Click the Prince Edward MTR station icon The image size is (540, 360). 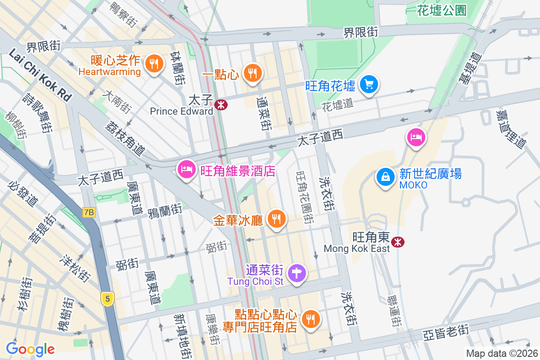[221, 105]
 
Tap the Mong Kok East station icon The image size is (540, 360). [397, 242]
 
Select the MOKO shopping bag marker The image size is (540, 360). [386, 177]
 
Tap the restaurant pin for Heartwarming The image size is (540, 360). [154, 64]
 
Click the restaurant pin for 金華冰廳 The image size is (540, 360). [276, 219]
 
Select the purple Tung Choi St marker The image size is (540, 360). [297, 273]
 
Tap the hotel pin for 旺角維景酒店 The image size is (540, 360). [186, 170]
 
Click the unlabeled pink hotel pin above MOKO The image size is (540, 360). [415, 137]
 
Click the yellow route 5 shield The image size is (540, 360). [107, 298]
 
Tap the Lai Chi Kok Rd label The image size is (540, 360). [40, 75]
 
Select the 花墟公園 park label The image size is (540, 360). [441, 10]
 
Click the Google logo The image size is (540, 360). [30, 349]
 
